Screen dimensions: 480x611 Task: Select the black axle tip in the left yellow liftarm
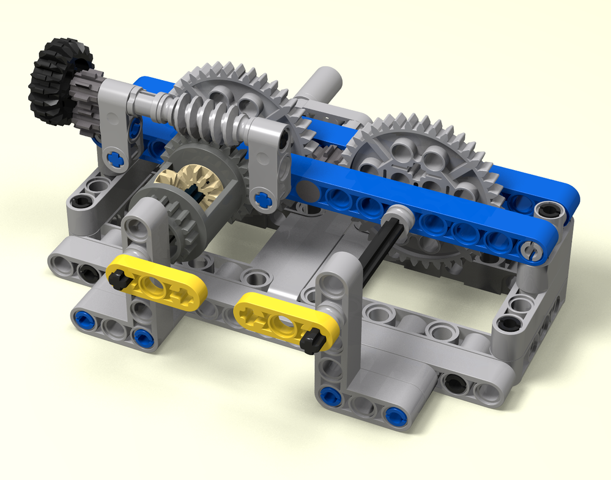click(118, 279)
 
